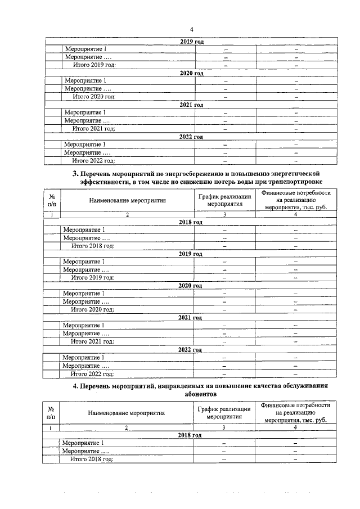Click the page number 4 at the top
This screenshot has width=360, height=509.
191,29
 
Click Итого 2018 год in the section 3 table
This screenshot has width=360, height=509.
92,246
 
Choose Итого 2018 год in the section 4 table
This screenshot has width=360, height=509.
92,460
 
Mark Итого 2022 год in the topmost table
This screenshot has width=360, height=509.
94,161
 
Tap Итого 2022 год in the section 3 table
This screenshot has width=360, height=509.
92,373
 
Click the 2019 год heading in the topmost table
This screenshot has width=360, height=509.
191,42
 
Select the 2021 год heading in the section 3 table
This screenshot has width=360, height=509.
190,318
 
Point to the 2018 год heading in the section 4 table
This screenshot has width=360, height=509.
190,435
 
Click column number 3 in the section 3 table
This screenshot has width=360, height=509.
224,214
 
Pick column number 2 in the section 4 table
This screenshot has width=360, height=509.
127,428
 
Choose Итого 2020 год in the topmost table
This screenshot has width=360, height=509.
94,97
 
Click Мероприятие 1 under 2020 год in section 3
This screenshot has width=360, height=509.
84,293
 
